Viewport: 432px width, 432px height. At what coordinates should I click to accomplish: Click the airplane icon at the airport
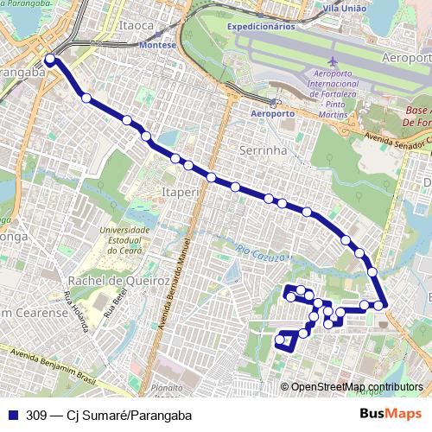coord(334,63)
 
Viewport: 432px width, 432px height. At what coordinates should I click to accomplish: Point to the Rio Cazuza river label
coord(253,251)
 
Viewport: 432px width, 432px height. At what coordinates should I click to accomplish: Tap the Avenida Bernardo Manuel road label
coord(184,276)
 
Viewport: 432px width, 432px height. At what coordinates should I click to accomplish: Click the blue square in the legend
coord(11,412)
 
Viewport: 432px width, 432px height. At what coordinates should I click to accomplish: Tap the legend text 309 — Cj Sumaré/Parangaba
coord(108,412)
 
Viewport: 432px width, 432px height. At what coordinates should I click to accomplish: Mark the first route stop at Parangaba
coord(49,59)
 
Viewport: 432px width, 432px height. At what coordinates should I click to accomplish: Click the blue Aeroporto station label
coord(272,113)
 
